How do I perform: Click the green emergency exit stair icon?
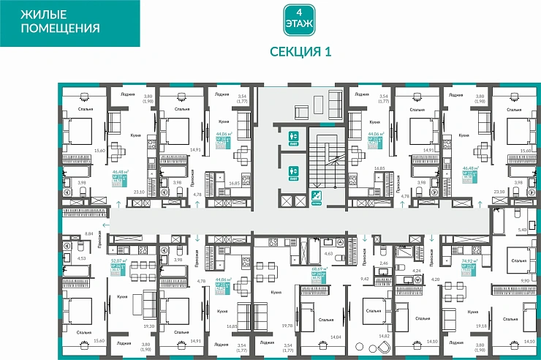tap(316, 195)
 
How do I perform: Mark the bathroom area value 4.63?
tap(328, 253)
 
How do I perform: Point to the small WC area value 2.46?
tap(384, 261)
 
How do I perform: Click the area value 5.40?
tap(522, 230)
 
